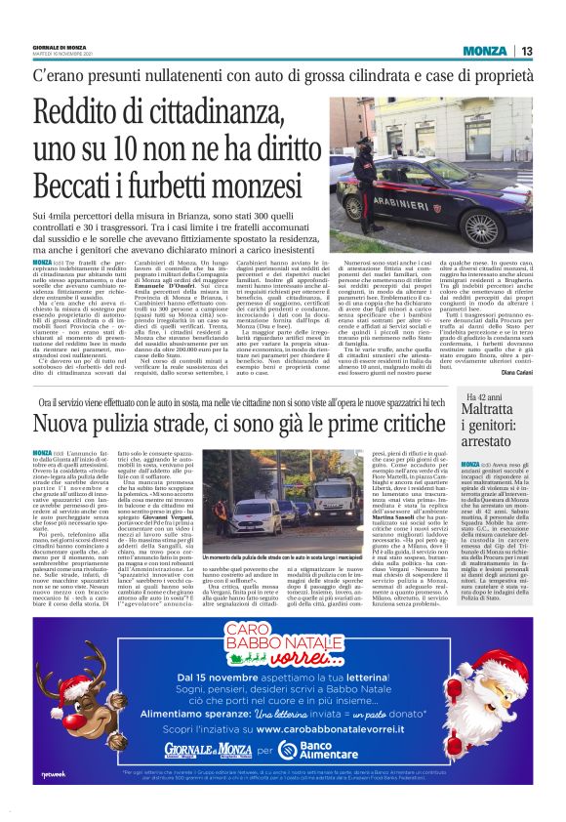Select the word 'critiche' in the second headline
375,425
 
